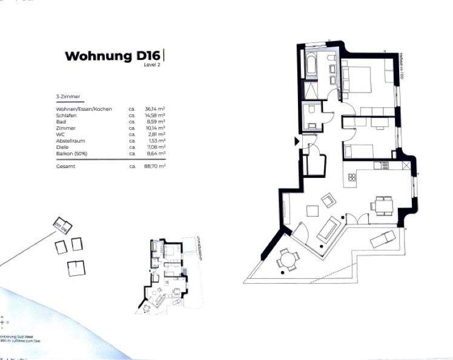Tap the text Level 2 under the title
(151, 65)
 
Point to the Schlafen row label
(65, 115)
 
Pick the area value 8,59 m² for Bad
(155, 122)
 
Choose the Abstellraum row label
(70, 140)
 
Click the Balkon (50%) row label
(71, 154)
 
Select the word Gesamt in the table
(65, 166)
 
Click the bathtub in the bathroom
(312, 65)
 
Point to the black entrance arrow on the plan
(297, 142)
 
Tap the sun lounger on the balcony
(383, 238)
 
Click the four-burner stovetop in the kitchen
(351, 177)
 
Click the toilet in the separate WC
(310, 112)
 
